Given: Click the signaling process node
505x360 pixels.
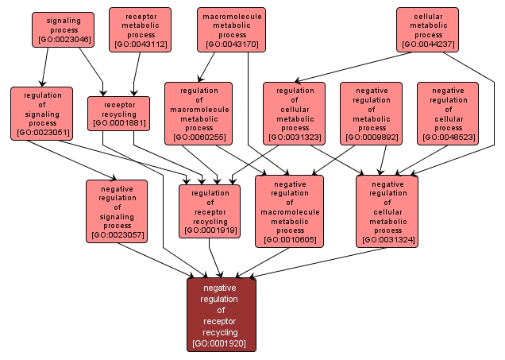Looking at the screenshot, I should click(63, 29).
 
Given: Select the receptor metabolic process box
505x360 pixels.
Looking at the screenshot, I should click(140, 29).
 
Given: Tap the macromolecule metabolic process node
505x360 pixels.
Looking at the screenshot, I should click(232, 29).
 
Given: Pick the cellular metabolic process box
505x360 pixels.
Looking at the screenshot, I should click(428, 29).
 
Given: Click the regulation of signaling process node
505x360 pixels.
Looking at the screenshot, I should click(41, 112).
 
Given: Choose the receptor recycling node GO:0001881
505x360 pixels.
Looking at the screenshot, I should click(119, 113).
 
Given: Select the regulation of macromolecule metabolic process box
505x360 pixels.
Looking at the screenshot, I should click(199, 113).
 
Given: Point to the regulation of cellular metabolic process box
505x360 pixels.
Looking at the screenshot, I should click(295, 113).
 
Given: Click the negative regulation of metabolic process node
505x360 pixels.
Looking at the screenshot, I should click(372, 113).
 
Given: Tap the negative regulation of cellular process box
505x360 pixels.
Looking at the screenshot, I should click(448, 113).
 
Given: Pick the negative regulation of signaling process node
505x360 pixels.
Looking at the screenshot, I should click(117, 211).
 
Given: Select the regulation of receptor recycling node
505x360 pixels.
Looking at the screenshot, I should click(210, 211).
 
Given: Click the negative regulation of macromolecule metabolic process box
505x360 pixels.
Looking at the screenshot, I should click(289, 211).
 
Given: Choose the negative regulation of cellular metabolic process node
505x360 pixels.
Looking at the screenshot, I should click(387, 211).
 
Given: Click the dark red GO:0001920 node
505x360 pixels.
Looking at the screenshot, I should click(222, 315).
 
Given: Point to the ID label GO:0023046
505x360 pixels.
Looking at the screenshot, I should click(63, 39).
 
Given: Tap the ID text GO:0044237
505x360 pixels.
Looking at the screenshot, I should click(428, 45).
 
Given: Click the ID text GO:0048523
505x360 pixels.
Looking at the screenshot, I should click(448, 137).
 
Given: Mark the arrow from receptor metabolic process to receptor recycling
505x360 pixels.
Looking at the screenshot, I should click(135, 75).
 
